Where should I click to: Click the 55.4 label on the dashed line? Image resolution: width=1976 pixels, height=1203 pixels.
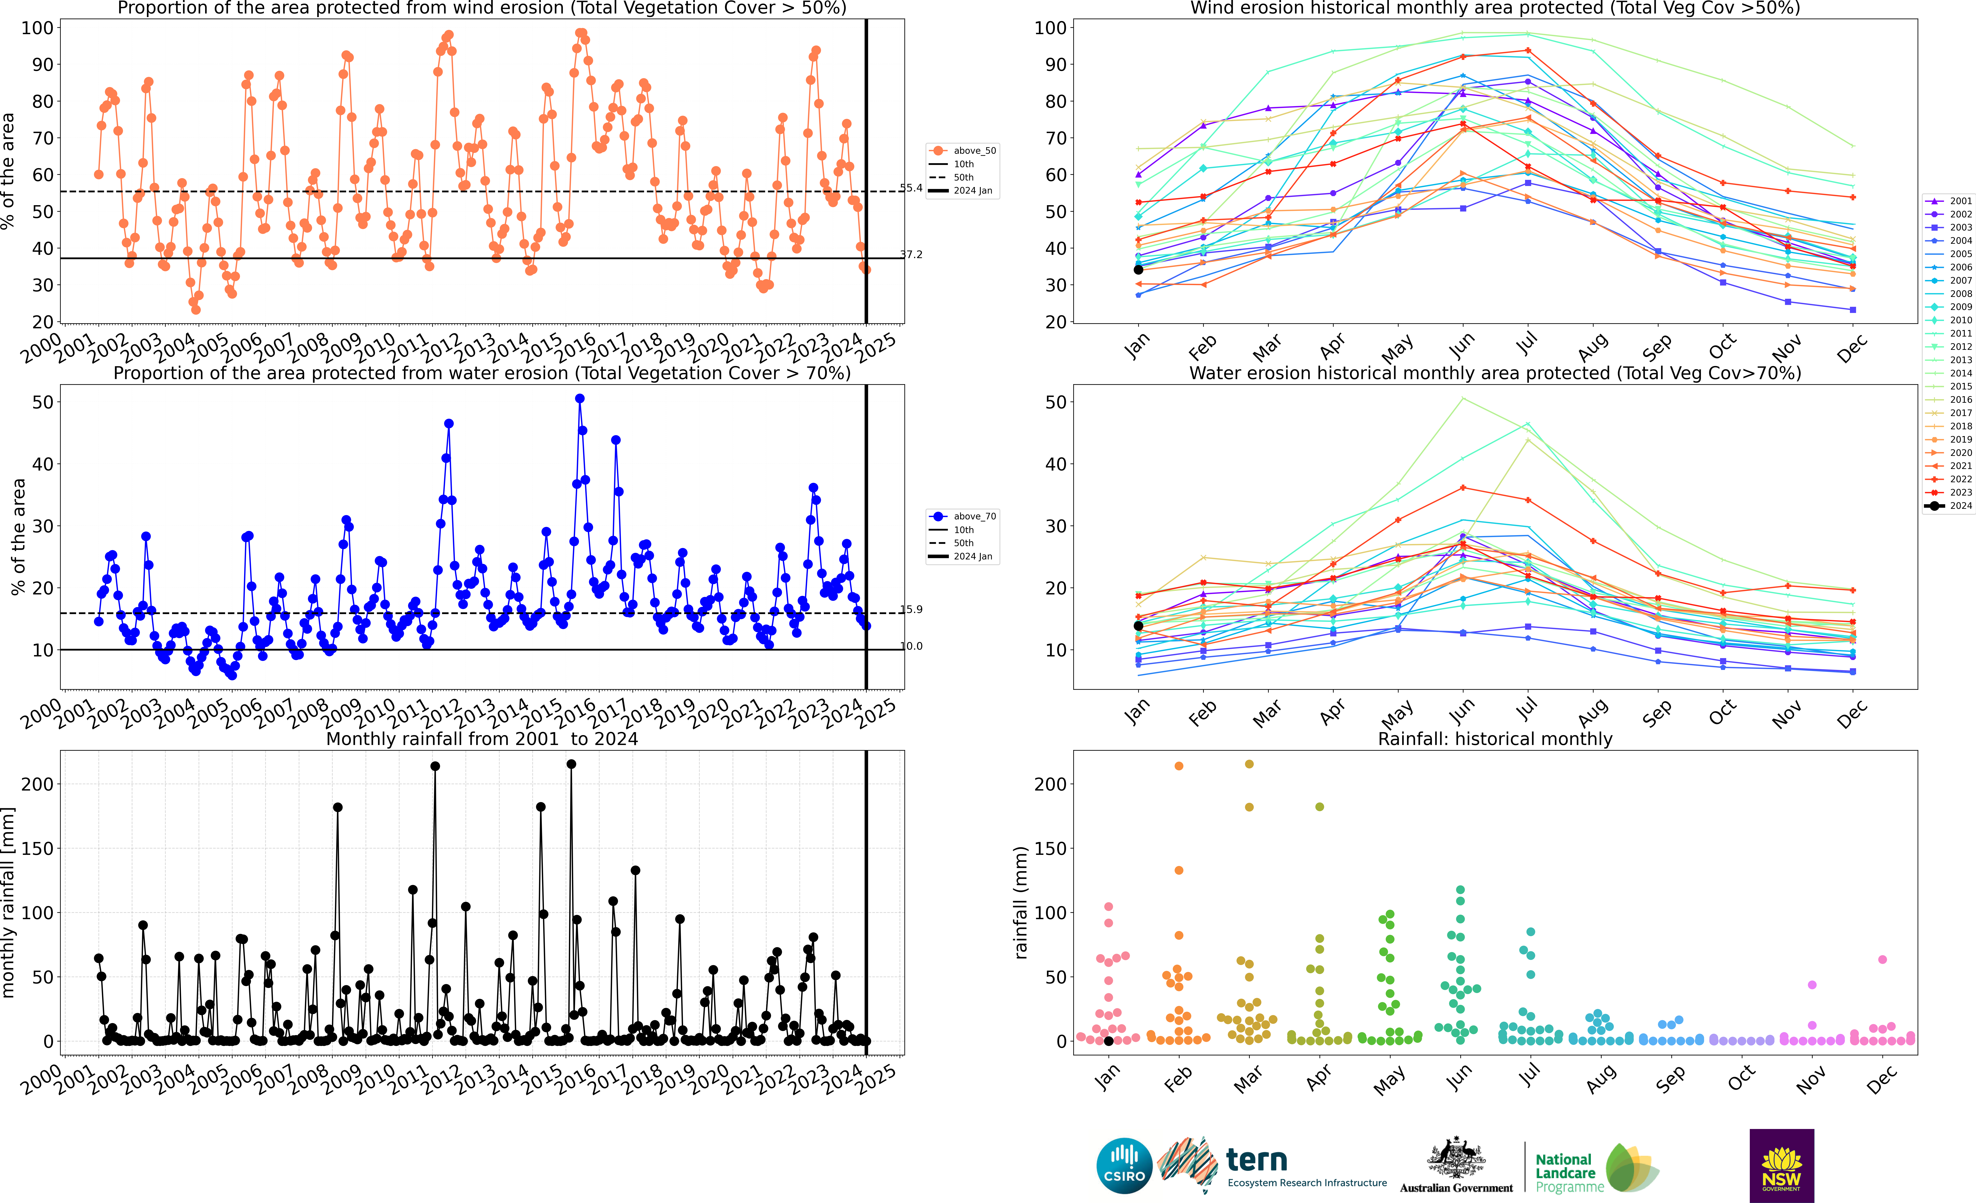tap(911, 189)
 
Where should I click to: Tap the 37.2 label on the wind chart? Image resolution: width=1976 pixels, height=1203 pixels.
tap(911, 255)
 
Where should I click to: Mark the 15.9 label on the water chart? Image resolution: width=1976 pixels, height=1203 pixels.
tap(911, 610)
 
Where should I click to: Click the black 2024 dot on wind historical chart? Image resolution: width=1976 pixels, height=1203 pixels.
tap(1138, 269)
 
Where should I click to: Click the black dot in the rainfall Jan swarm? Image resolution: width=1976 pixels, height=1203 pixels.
tap(1108, 1041)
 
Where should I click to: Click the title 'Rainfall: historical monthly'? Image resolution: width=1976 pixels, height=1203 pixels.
tap(1495, 739)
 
